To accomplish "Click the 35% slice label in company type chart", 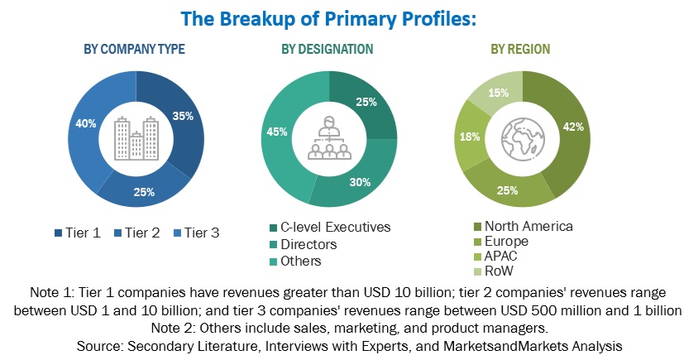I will click(x=183, y=116).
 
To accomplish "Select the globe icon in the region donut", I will click(x=521, y=136).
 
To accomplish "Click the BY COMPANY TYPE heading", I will click(x=134, y=50).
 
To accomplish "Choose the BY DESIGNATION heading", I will click(x=327, y=50).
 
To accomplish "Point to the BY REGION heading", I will click(x=520, y=50).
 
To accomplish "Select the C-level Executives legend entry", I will click(x=336, y=228).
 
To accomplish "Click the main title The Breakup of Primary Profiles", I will click(x=328, y=18).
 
